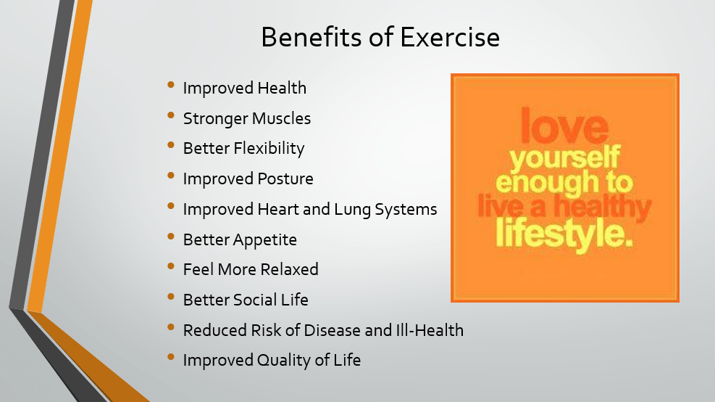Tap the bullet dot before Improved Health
(x=171, y=86)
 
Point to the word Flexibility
(x=269, y=149)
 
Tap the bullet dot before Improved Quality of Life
(x=171, y=358)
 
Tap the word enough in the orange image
(x=551, y=182)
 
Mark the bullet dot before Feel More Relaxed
(x=171, y=267)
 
